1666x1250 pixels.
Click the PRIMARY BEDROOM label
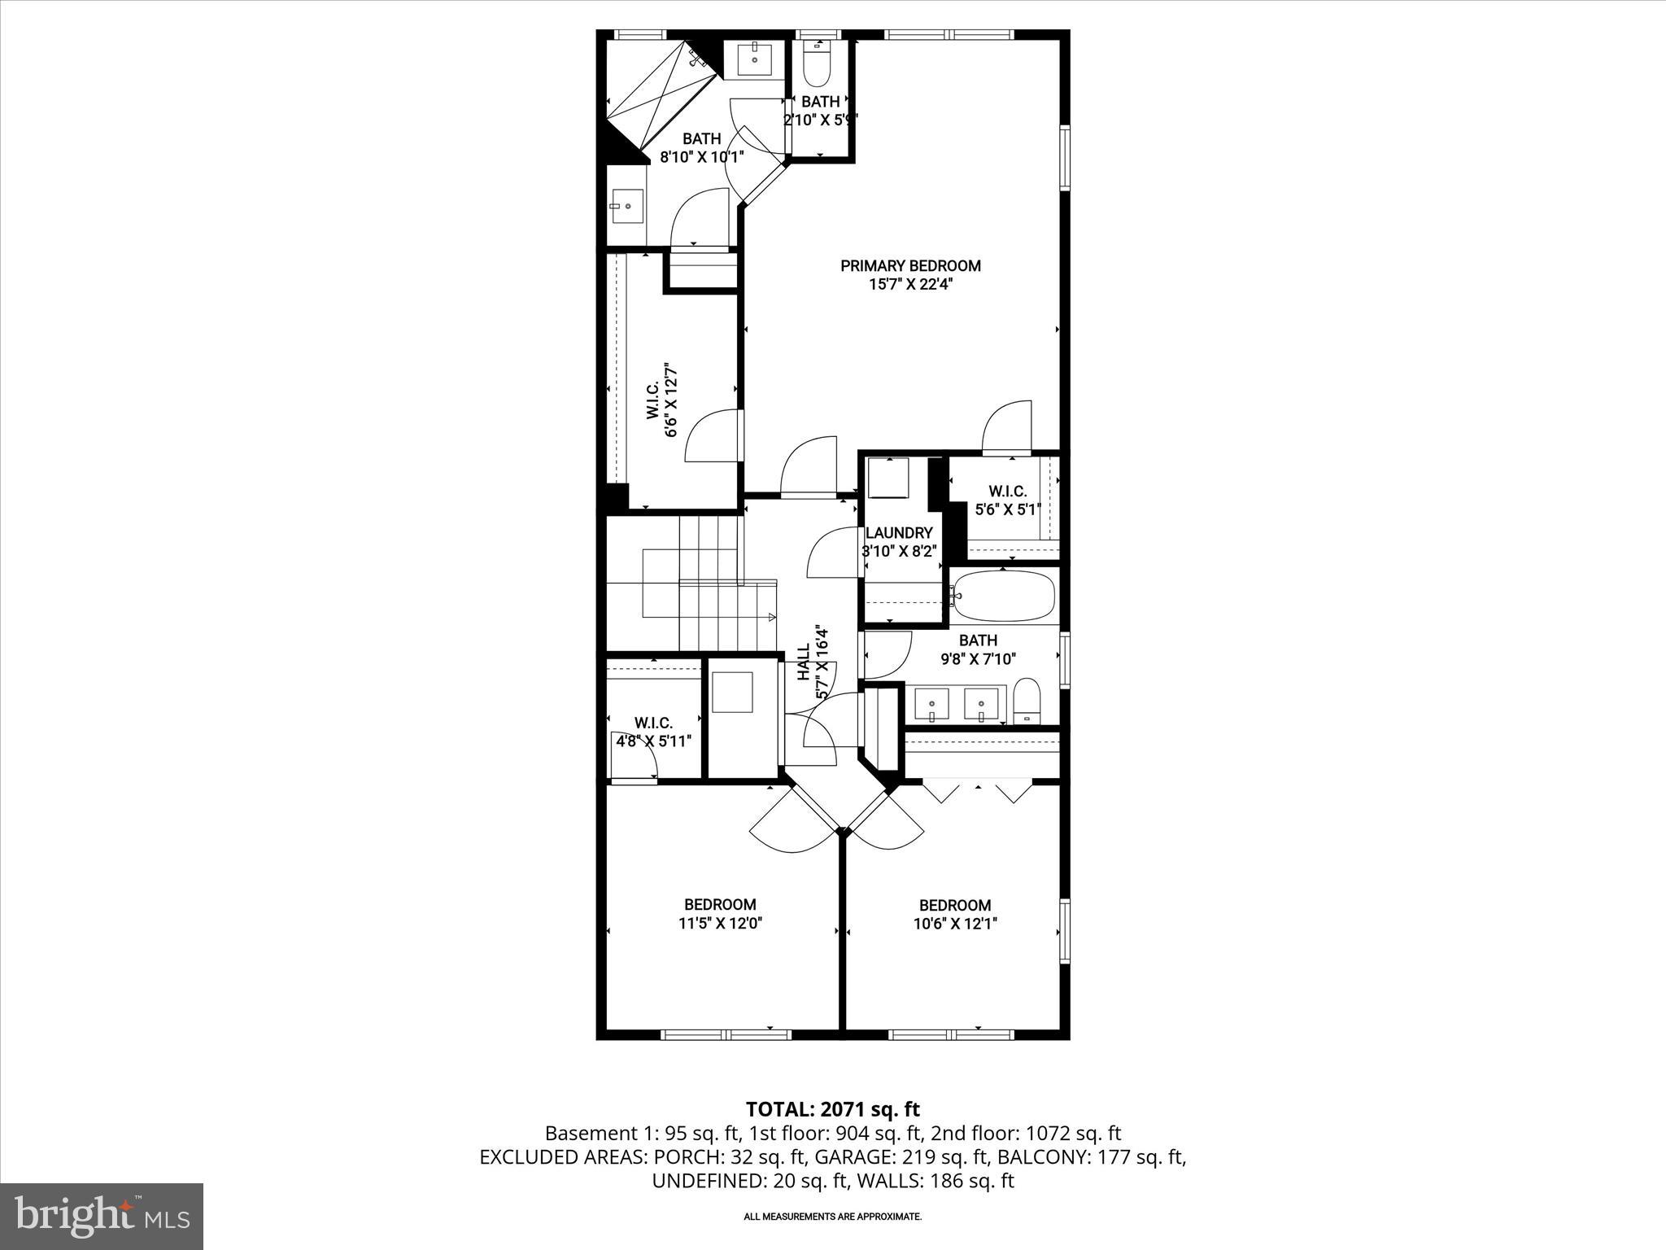[910, 265]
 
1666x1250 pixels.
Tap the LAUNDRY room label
[899, 532]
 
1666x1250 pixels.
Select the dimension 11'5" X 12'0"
[720, 924]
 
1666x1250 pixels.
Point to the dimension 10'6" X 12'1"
[955, 924]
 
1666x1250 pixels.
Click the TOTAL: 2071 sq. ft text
[832, 1109]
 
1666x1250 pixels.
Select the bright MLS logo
[102, 1216]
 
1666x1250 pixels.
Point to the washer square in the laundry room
[888, 478]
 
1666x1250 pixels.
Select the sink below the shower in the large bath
[626, 208]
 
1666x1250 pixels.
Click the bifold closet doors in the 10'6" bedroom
[977, 791]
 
